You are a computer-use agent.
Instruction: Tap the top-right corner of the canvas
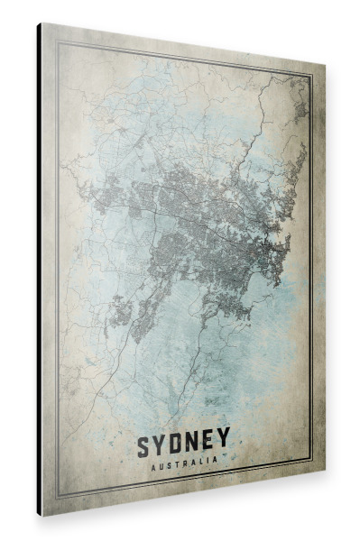tap(322, 70)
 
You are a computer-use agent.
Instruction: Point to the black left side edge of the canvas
tap(39, 270)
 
